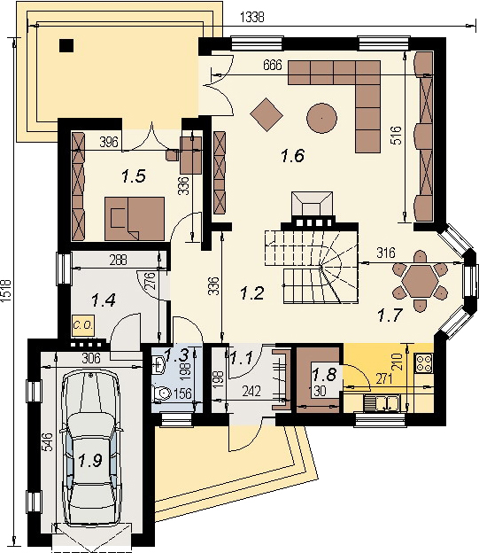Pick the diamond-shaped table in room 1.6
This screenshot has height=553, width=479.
pyautogui.click(x=267, y=112)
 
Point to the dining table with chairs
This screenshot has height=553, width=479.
pyautogui.click(x=421, y=280)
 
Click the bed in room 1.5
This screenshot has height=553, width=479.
pyautogui.click(x=135, y=216)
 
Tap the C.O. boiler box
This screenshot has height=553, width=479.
pyautogui.click(x=84, y=324)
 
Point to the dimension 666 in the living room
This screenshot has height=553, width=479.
pyautogui.click(x=274, y=66)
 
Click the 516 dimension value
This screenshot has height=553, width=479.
pyautogui.click(x=396, y=136)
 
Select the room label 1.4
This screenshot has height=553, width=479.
pyautogui.click(x=104, y=300)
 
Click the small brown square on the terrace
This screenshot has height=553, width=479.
pyautogui.click(x=67, y=46)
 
